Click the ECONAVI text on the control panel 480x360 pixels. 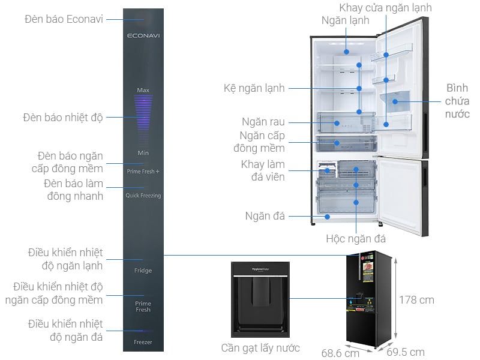(143, 35)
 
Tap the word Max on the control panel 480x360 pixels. (143, 90)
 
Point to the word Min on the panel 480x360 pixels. (143, 152)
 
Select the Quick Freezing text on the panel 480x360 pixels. (143, 196)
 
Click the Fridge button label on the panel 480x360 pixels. (143, 271)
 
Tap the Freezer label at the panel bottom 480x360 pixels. (143, 342)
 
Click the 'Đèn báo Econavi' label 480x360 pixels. (64, 19)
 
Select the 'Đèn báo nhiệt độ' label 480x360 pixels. (63, 117)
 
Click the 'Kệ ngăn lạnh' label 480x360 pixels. (254, 88)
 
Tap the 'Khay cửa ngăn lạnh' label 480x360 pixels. (385, 8)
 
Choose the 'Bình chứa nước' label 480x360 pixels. (457, 101)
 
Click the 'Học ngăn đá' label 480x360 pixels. (356, 238)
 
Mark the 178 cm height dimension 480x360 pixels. (417, 299)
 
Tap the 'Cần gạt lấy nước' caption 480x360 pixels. (260, 348)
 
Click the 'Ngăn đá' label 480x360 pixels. (265, 216)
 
